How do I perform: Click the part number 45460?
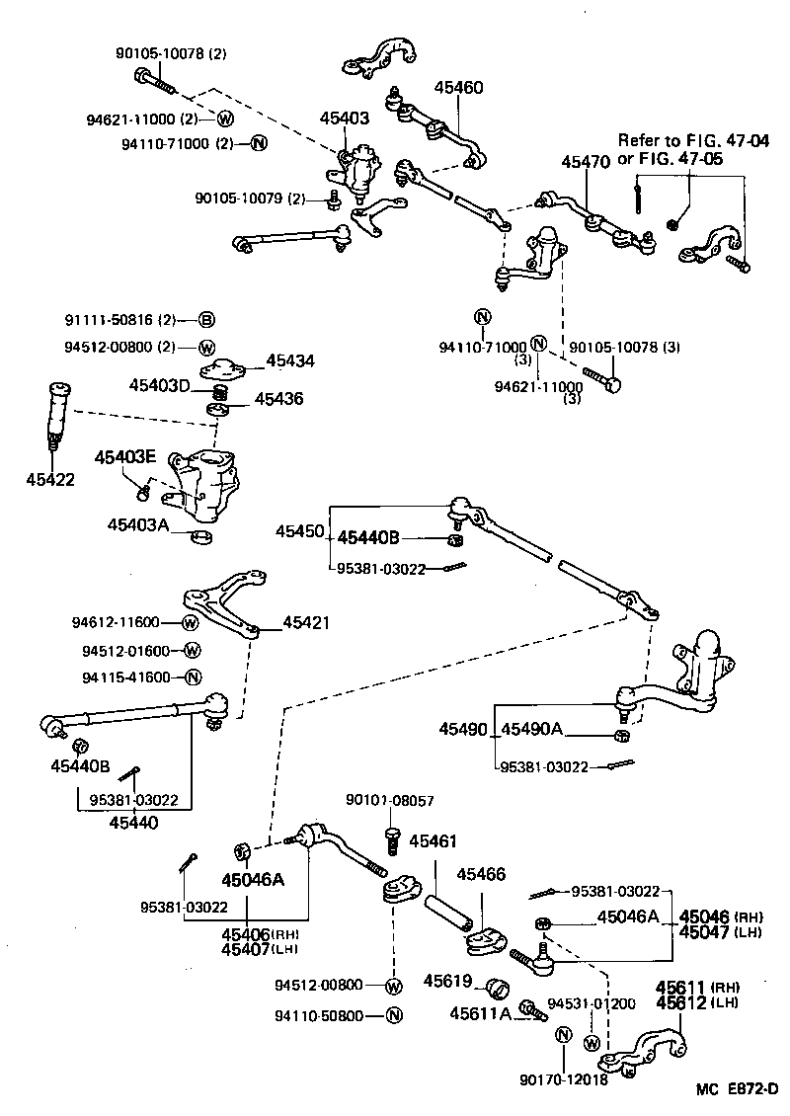[x=459, y=87]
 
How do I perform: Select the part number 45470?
[x=587, y=161]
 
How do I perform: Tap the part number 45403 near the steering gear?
[x=344, y=119]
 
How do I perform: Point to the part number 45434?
[x=290, y=361]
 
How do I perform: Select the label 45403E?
[x=125, y=457]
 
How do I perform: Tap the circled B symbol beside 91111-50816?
[x=206, y=319]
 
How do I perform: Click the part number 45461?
[x=433, y=840]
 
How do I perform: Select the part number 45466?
[x=480, y=874]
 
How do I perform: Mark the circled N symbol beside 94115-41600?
[x=194, y=678]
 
